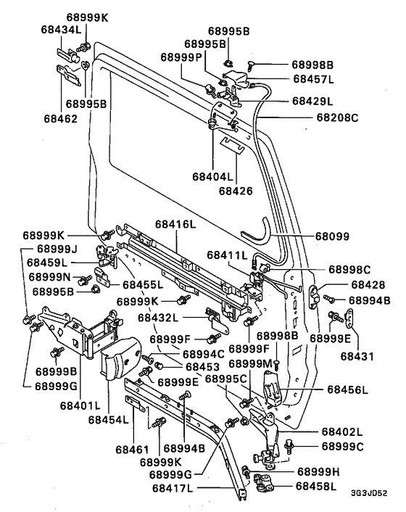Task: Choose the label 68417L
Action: pos(172,488)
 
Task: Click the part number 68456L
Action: pos(349,391)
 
